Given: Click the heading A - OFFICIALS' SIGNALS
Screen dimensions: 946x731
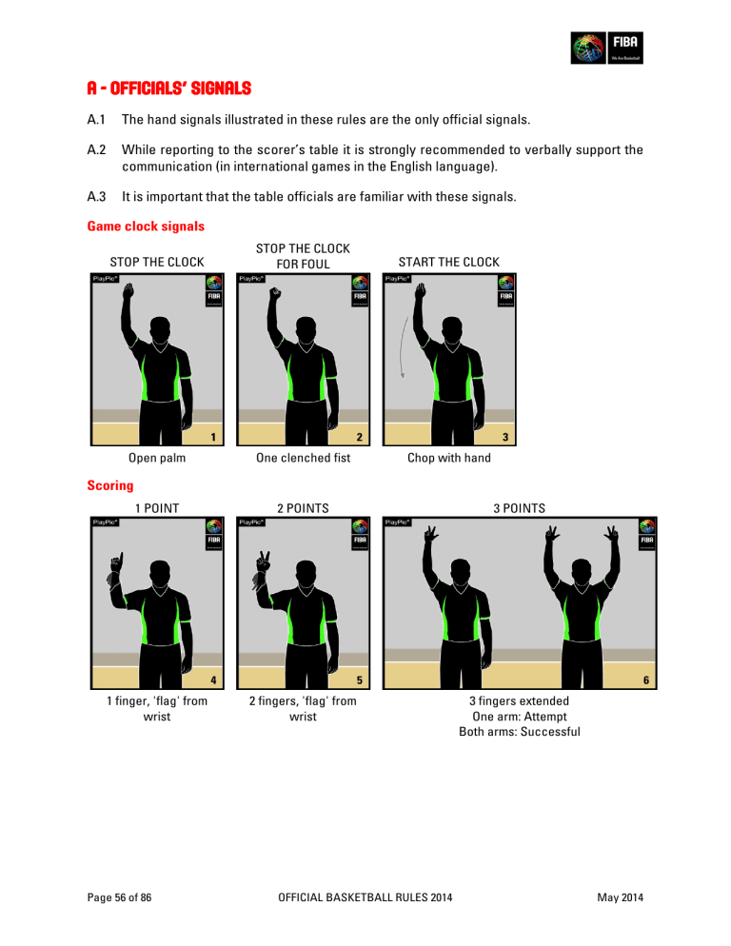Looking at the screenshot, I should coord(168,89).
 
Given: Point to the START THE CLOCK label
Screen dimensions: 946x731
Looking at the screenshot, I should coord(448,262).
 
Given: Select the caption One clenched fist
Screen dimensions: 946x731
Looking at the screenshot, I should coord(303,459).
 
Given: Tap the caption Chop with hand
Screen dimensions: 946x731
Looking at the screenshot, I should coord(448,459).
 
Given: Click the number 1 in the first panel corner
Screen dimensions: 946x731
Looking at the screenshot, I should coord(214,438).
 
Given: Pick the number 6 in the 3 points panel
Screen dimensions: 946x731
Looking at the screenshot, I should coord(646,680).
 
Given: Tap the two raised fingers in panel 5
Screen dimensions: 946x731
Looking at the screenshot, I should coord(258,563).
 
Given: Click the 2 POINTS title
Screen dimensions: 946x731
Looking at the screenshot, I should coord(303,509).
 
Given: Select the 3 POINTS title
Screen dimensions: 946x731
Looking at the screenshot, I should coord(519,509).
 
